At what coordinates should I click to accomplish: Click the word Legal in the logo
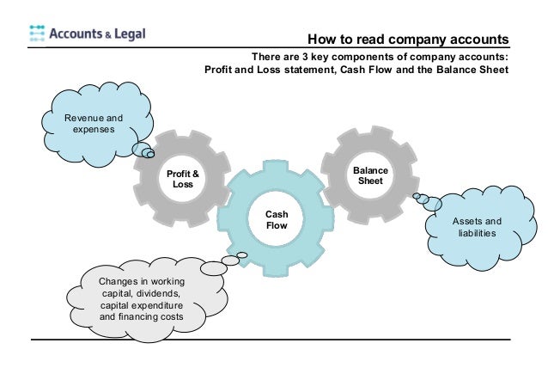point(127,34)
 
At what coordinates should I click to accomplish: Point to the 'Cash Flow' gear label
point(276,220)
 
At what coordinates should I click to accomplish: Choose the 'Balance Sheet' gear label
point(370,175)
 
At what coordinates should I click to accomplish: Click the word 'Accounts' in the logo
point(80,34)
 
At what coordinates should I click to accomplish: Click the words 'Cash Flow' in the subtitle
point(360,70)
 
